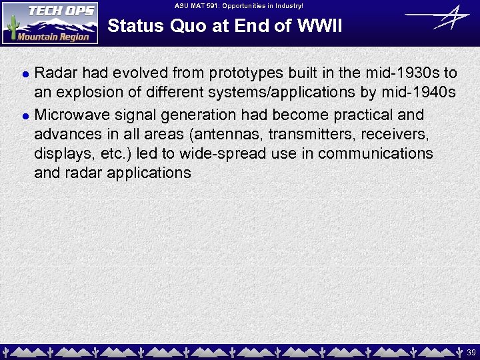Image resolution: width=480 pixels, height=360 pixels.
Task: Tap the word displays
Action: click(x=61, y=153)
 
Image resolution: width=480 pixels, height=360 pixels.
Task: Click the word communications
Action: click(x=375, y=153)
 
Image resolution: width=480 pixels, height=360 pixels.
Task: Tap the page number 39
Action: click(x=471, y=351)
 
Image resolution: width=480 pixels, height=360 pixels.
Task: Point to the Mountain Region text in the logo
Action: click(x=53, y=37)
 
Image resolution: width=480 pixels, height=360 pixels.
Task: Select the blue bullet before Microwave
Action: click(x=25, y=115)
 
